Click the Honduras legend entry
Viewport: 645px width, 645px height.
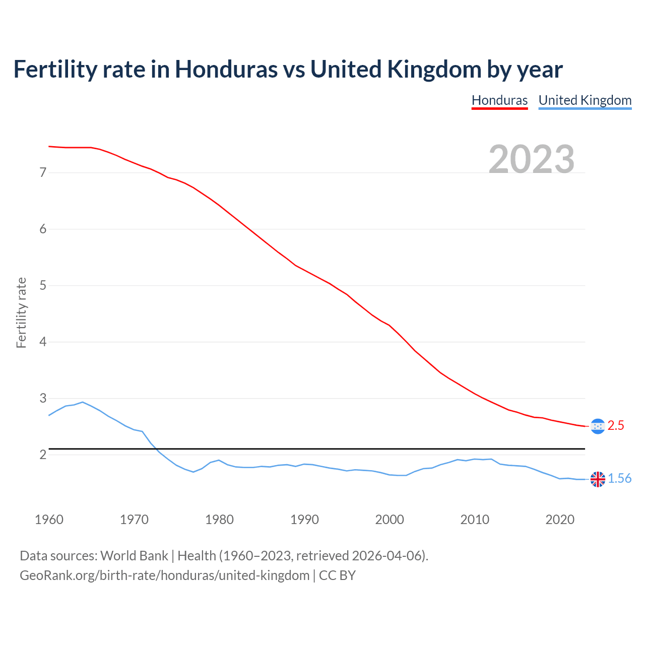tap(499, 100)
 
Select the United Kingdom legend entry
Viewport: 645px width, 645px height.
tap(585, 100)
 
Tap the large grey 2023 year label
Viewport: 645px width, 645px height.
tap(532, 159)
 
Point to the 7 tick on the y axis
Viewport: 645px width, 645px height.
tap(43, 173)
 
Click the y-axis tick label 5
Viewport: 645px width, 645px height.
tap(43, 286)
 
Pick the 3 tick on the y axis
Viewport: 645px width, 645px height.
tap(43, 399)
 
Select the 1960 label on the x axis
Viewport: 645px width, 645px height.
tap(49, 520)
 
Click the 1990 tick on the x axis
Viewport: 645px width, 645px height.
tap(304, 520)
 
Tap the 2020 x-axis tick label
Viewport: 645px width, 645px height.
tap(560, 520)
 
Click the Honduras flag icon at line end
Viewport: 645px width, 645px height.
tap(598, 426)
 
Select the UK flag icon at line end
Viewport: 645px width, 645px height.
tap(598, 479)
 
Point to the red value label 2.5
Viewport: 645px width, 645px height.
tap(616, 426)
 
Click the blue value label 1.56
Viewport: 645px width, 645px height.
tap(619, 479)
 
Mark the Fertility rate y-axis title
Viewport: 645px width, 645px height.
tap(21, 312)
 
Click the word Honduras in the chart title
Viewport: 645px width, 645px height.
tap(226, 70)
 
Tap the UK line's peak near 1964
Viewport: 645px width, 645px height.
tap(83, 402)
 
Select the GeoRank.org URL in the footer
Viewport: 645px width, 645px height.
tap(164, 575)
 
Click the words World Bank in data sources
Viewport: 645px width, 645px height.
tap(134, 556)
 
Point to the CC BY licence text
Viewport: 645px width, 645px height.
tap(337, 575)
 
